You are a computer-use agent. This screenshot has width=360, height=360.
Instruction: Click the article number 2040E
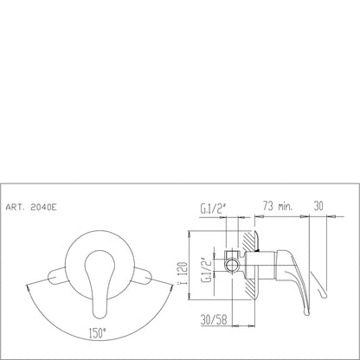coord(43,207)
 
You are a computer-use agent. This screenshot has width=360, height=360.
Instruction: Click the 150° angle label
coord(98,333)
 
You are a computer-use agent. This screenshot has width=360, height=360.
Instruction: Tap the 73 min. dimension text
coord(278,206)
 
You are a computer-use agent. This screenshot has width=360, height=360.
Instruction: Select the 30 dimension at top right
coord(318,206)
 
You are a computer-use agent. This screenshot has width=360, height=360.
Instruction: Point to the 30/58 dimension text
coord(214,319)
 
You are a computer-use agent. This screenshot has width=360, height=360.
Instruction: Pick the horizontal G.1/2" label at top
coord(213,209)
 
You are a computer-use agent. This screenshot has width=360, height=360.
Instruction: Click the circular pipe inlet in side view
coord(233,265)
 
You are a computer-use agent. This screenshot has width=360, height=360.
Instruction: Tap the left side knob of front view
coord(57,275)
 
